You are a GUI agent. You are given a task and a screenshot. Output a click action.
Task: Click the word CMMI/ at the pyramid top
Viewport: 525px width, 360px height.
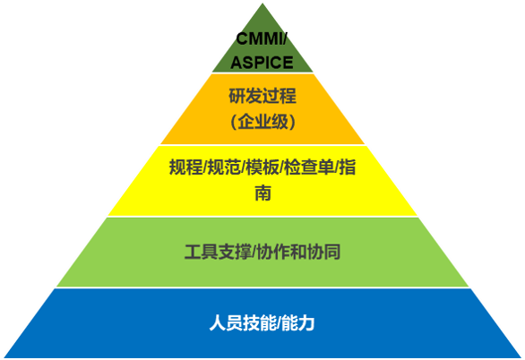coord(262,39)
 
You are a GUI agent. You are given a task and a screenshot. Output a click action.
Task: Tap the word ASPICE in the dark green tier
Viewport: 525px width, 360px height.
coord(262,63)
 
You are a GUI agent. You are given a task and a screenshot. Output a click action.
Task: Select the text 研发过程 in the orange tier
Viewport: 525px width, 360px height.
coord(262,96)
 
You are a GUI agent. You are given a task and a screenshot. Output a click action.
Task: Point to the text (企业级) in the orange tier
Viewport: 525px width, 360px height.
coord(262,121)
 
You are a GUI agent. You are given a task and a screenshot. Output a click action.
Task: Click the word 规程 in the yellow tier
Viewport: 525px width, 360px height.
coord(185,167)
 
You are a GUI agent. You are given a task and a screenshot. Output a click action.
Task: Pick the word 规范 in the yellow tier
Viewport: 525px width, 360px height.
coord(224,167)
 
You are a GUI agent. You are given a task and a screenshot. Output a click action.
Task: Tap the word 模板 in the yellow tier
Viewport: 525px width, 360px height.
coord(262,167)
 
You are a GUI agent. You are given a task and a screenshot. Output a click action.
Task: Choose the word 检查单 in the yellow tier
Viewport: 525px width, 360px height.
coord(309,167)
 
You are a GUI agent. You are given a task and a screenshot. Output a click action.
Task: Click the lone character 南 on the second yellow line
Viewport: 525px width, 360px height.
coord(262,193)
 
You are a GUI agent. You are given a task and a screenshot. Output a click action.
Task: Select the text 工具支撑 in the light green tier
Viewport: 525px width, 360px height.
coord(218,252)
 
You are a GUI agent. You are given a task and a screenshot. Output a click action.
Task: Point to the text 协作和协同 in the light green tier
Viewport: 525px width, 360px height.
coord(298,252)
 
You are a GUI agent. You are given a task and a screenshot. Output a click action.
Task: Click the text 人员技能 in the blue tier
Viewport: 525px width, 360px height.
coord(244,323)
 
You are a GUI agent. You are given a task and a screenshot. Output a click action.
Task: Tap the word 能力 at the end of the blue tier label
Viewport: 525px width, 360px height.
coord(298,323)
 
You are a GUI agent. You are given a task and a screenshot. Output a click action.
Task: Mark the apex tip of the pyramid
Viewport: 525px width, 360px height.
coord(262,3)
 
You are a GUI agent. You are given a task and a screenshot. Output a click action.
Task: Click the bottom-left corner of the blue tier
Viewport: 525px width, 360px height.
coord(4,357)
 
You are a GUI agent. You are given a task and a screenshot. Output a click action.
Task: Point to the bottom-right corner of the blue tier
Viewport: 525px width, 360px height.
coord(521,357)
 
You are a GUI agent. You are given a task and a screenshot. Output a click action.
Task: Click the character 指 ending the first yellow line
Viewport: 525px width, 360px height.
coord(348,167)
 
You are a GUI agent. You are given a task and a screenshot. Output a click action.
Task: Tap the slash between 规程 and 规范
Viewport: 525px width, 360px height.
coord(205,167)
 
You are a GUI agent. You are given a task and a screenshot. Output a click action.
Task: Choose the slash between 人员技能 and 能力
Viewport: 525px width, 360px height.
coord(280,323)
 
